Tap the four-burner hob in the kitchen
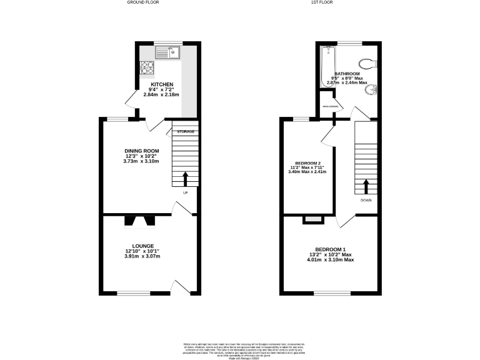coord(147,66)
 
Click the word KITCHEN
coord(161,84)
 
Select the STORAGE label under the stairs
coord(186,132)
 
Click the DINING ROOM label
coord(141,151)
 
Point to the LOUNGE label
coord(142,246)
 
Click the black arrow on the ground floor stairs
coord(185,179)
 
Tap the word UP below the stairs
coord(185,192)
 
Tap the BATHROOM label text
coord(347,73)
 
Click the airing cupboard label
coord(330,107)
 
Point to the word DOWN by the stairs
coord(366,201)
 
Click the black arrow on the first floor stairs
coord(366,186)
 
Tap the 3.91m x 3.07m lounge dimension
coord(142,257)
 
